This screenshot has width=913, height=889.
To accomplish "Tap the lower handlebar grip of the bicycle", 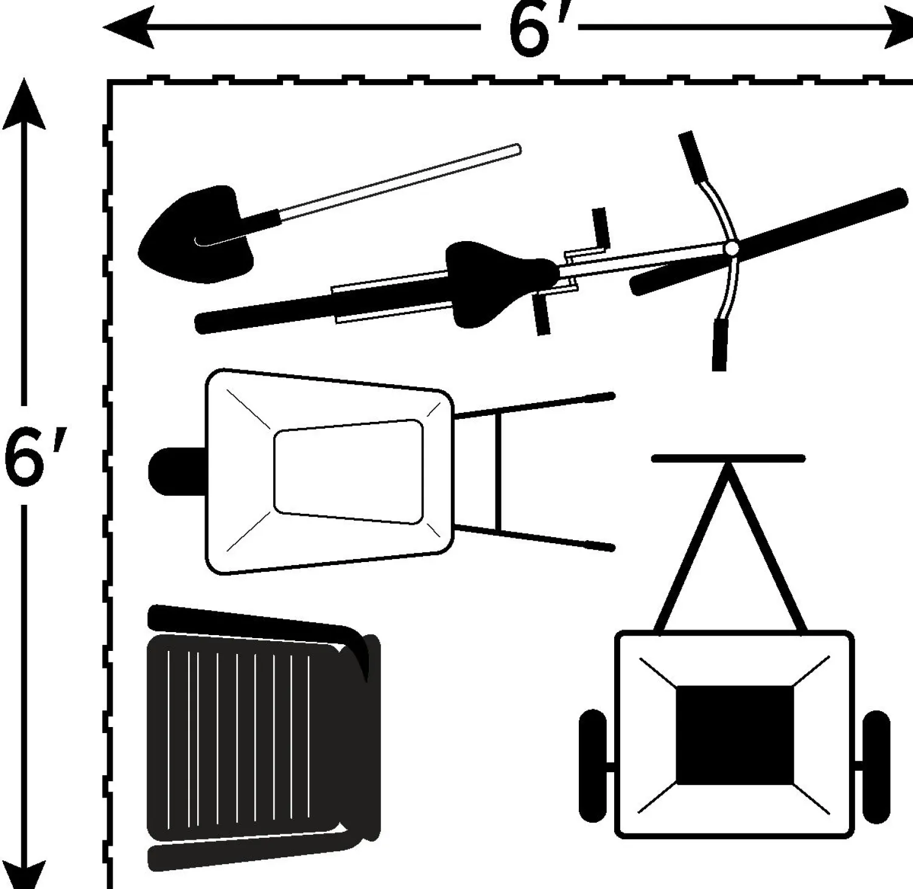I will point(719,345).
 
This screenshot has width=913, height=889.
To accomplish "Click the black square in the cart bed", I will point(735,734).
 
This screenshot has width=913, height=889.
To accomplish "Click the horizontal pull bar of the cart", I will point(728,459).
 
